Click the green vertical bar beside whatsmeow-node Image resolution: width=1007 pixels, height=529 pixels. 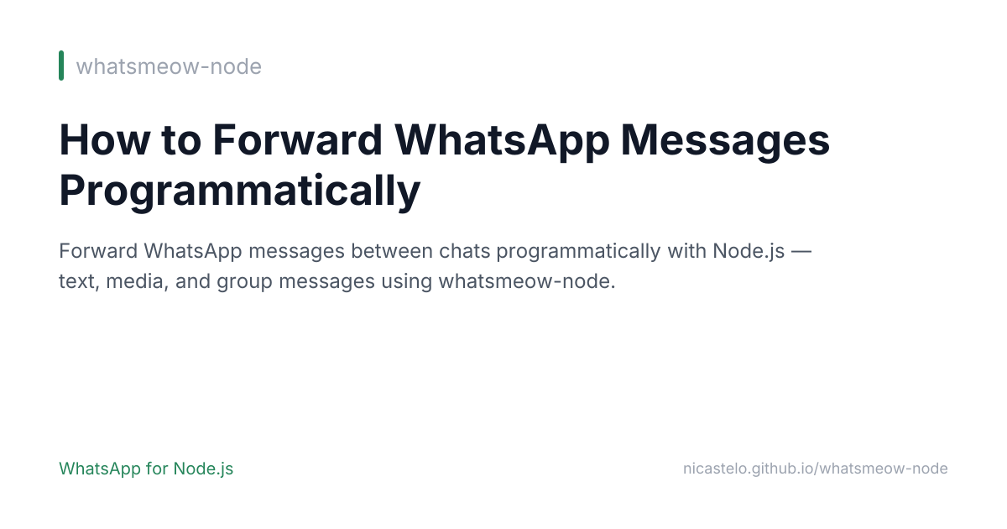pos(61,65)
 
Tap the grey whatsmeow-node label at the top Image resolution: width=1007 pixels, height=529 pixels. pos(169,66)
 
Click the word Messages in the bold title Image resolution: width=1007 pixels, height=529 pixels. pos(725,140)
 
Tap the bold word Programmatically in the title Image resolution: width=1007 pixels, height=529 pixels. pos(239,191)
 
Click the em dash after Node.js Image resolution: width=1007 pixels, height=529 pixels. pos(801,251)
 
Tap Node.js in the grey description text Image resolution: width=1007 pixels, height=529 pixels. pos(749,251)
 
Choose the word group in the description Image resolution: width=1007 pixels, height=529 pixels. pos(243,281)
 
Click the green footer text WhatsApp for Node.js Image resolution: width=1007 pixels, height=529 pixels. pos(146,469)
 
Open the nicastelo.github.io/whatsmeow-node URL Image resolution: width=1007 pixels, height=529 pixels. pos(815,469)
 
